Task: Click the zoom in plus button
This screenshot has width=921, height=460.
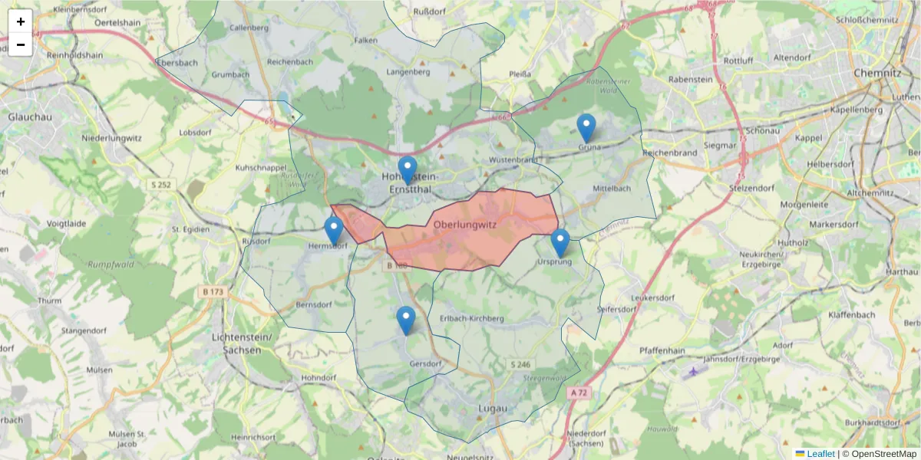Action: pos(21,21)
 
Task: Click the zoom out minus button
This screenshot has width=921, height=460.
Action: pos(21,44)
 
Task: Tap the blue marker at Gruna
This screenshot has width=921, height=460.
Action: pos(586,128)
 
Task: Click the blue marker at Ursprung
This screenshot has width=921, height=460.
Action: pos(560,243)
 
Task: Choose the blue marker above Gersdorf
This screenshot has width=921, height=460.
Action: pos(406,320)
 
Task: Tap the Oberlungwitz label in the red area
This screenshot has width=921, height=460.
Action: pos(465,225)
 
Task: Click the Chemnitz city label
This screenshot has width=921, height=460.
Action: pos(876,73)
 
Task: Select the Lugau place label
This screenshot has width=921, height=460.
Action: pos(493,408)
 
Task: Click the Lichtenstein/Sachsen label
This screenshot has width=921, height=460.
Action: pos(236,343)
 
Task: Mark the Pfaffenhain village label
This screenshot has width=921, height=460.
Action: pos(662,350)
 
